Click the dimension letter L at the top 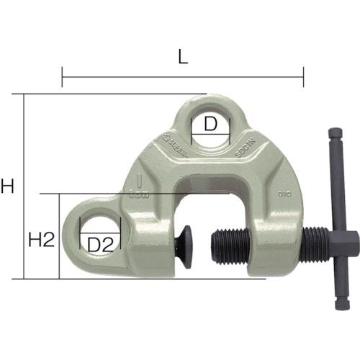pyautogui.click(x=183, y=58)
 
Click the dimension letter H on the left pyautogui.click(x=8, y=187)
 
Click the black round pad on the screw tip pyautogui.click(x=185, y=246)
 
